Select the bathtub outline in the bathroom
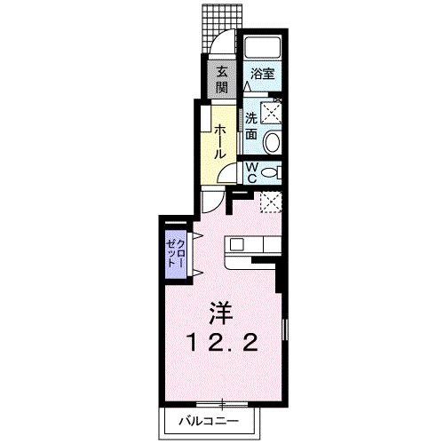(262, 49)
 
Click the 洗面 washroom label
(251, 125)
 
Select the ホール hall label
(218, 139)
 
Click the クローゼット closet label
(175, 255)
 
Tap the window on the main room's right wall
(285, 337)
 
